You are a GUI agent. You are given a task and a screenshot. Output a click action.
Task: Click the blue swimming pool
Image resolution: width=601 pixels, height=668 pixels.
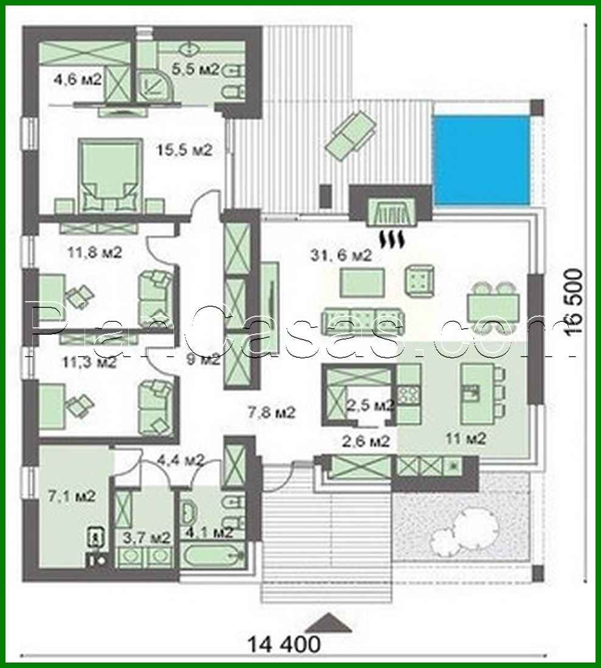coord(481,160)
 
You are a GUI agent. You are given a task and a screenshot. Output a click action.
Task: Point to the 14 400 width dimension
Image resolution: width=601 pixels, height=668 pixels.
coord(283,642)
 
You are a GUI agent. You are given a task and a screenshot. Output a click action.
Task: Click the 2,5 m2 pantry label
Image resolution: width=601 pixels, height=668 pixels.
coord(370,405)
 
